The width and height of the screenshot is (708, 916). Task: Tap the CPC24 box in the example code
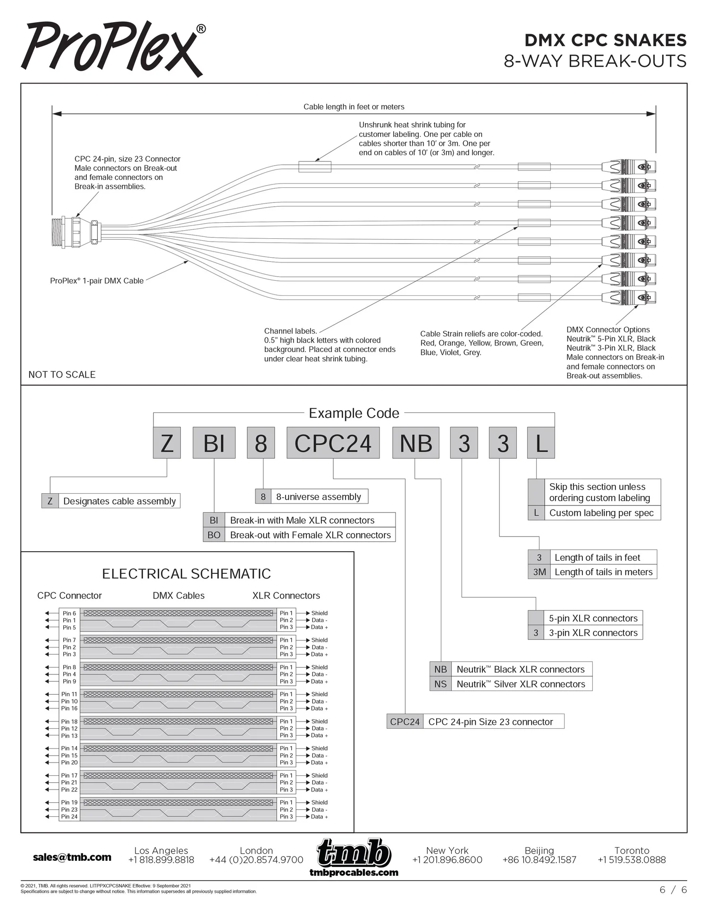(333, 443)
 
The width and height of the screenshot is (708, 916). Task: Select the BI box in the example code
(214, 443)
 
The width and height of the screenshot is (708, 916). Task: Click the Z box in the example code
(167, 443)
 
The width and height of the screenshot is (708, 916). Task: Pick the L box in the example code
(540, 443)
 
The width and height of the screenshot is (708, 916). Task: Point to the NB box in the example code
(415, 443)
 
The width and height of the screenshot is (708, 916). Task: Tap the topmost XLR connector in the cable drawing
(629, 167)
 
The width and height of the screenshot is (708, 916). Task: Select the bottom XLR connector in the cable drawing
(629, 297)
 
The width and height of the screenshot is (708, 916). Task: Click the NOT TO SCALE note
(62, 375)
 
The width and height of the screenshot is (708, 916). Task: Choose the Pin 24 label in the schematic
(69, 816)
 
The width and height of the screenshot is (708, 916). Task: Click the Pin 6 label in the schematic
(69, 613)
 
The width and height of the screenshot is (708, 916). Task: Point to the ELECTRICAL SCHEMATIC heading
(186, 574)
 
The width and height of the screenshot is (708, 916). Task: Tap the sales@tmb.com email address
(72, 857)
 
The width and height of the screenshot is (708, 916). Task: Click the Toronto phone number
(632, 860)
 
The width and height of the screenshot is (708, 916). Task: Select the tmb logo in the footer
(354, 853)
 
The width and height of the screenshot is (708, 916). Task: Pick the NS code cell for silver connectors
(440, 684)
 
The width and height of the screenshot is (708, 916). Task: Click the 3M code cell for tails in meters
(539, 572)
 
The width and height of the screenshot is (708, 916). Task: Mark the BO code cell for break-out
(214, 535)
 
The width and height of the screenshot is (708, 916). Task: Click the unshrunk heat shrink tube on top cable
(315, 167)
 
